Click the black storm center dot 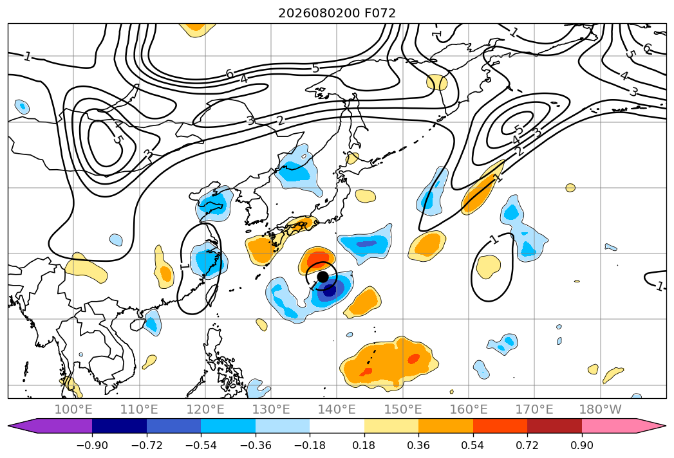pos(323,277)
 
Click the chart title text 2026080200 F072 pos(337,13)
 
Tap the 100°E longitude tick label pos(73,409)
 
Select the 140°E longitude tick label pos(337,409)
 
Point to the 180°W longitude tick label pos(600,409)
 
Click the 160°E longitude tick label pos(469,409)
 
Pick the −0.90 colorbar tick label pos(92,445)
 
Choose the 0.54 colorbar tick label pos(473,445)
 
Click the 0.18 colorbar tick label pos(364,445)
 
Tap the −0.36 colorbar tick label pos(256,445)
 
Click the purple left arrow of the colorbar pos(50,425)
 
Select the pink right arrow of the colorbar pos(624,425)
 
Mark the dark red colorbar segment pos(554,425)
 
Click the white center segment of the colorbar pos(337,425)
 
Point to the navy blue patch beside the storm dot pos(330,289)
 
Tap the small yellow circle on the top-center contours pos(436,82)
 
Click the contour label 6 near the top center pos(230,74)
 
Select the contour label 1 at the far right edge pos(660,286)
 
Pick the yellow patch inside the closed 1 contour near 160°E pos(488,266)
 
